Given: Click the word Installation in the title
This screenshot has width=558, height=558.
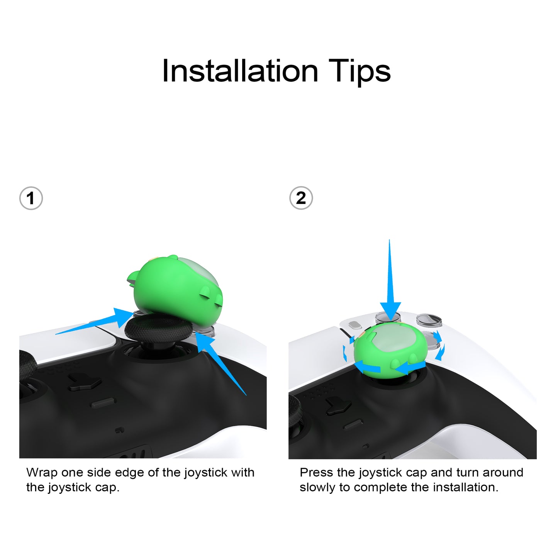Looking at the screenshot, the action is (240, 71).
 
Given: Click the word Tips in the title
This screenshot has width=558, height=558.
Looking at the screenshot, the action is (360, 72).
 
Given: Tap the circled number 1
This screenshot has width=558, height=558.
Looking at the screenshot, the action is (31, 198).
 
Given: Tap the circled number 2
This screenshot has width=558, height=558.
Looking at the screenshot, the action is (301, 198).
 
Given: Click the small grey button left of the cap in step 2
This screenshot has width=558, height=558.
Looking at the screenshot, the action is (355, 325).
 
